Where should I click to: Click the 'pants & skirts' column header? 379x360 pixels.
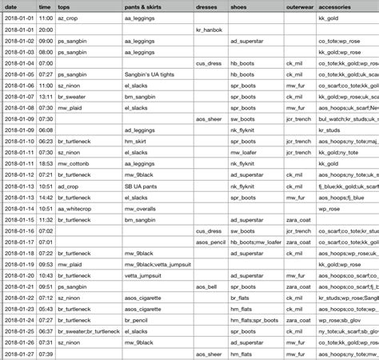(148, 6)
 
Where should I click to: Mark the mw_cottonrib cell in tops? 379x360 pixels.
(75, 162)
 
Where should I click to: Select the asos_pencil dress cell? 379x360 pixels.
(212, 241)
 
